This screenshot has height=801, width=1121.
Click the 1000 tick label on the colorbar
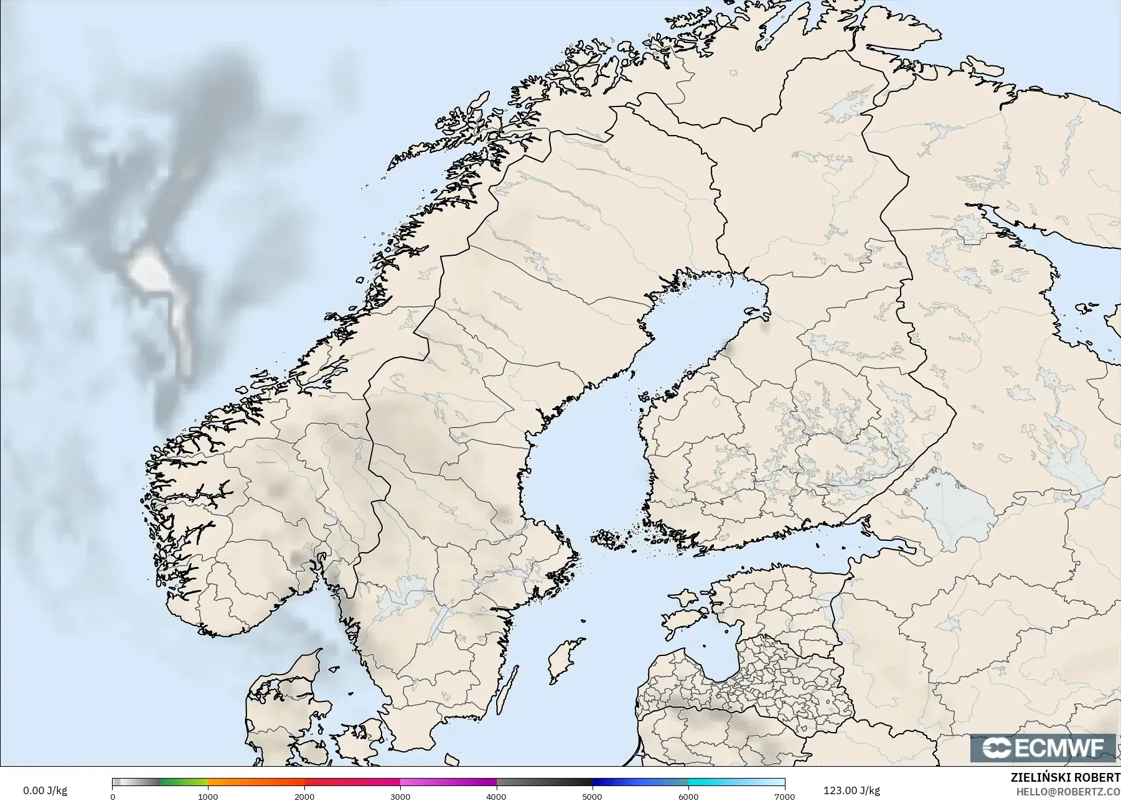(208, 797)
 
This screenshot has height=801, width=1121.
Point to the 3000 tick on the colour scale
(400, 797)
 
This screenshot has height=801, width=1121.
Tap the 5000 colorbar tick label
(592, 797)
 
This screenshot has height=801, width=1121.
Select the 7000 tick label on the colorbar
(784, 797)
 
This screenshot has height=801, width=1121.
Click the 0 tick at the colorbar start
(113, 797)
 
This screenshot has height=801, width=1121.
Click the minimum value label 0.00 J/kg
(45, 791)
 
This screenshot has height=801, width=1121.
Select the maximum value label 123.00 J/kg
(851, 791)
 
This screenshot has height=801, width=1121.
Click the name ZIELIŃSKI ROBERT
(1065, 779)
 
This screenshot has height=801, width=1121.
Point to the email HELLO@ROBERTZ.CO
(1068, 792)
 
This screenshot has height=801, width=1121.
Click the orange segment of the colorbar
(255, 783)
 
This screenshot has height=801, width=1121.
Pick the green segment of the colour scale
(184, 783)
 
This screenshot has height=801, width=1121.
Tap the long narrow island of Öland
(509, 688)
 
